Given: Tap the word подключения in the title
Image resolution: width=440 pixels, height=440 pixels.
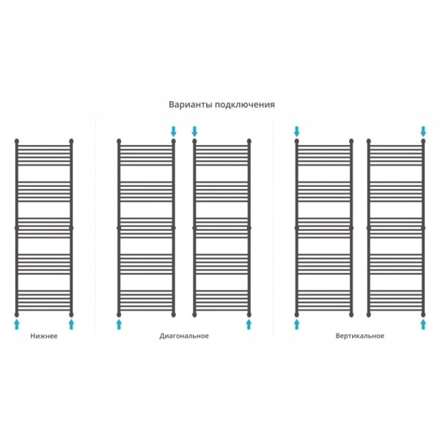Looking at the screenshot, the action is point(245,105).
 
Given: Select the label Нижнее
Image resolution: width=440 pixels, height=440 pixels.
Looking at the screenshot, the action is point(44,336).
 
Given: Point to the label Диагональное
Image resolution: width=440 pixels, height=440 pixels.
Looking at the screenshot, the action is point(184,336).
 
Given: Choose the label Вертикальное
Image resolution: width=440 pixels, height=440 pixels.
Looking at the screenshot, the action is point(360,336).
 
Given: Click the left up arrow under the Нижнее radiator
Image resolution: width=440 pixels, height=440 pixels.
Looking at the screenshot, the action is point(17,324).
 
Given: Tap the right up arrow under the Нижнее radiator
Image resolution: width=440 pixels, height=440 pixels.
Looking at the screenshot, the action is point(71,324).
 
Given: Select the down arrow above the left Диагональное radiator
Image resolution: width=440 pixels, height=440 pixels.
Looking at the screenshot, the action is point(174,131).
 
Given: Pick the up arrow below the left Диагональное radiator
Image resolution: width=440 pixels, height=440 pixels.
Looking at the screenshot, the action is point(119,324).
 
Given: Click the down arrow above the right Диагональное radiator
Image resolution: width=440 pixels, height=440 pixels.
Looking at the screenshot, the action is point(194,131).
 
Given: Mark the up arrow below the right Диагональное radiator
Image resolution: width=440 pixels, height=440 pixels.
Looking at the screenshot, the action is point(249,324).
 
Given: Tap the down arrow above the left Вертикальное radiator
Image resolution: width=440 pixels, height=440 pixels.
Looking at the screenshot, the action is point(297,131).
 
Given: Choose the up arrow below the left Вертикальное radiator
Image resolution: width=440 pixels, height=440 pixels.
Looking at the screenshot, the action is point(297,324).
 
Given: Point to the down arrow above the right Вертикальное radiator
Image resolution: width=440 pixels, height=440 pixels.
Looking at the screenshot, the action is point(423,131).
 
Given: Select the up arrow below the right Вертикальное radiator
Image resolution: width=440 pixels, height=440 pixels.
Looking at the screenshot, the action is point(423,324).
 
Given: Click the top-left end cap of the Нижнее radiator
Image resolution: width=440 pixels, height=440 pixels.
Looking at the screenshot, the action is point(17,141).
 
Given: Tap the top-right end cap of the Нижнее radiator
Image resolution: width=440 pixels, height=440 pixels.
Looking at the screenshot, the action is point(71,141).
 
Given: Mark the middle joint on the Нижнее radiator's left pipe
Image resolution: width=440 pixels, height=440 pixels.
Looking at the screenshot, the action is point(17,228).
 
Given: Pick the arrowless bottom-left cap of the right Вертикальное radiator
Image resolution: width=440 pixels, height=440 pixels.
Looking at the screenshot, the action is point(369,315).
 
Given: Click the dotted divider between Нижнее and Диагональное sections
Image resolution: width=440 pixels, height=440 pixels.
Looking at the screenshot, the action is point(95,228).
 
